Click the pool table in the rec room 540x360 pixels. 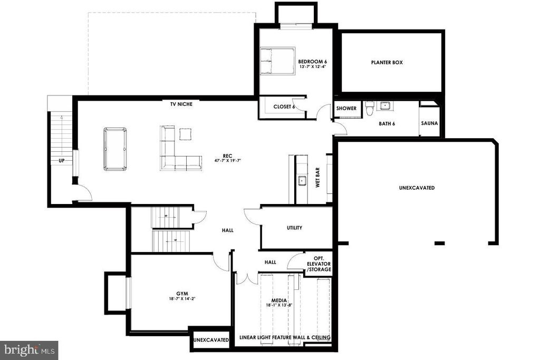(115, 149)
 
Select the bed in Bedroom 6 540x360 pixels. (277, 61)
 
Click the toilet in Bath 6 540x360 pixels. (370, 108)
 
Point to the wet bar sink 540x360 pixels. (302, 180)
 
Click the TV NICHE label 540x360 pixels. (181, 104)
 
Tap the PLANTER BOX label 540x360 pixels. (387, 62)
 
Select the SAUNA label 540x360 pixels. (429, 123)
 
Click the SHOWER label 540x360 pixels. (346, 108)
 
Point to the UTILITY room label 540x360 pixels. (294, 228)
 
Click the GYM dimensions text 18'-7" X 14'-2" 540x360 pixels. (182, 299)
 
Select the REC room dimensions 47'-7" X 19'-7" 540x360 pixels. (227, 160)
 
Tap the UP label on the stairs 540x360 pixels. (62, 160)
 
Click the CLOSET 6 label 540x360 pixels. (284, 106)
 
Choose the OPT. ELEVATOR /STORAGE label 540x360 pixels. (319, 264)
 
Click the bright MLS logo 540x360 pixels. (29, 351)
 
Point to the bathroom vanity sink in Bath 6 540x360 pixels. (384, 105)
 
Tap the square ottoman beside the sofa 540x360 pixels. (185, 134)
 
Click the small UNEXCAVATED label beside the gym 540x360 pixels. (211, 339)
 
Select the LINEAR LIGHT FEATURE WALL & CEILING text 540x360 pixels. (285, 337)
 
